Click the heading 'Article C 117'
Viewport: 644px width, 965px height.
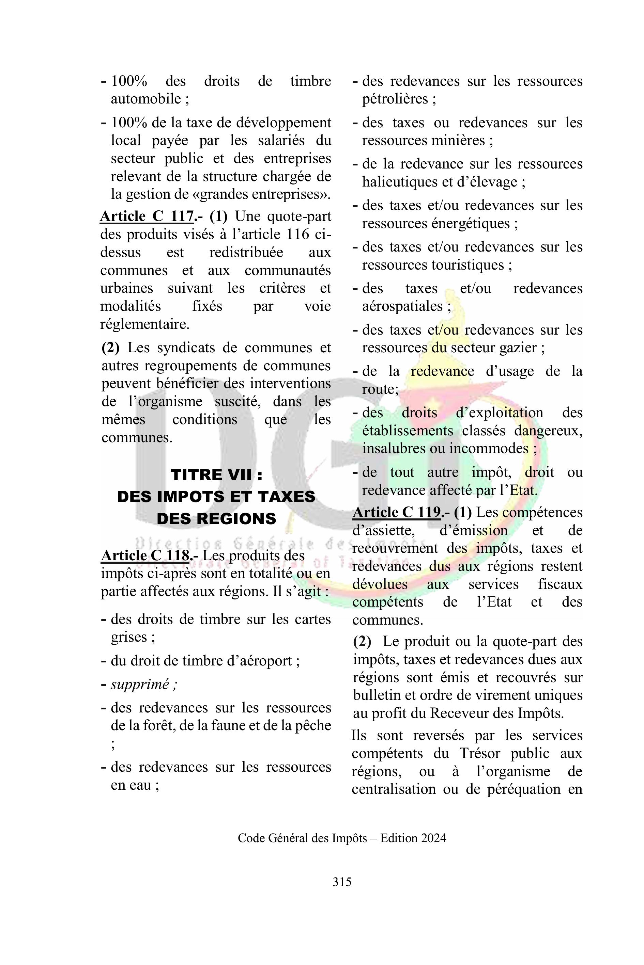147,216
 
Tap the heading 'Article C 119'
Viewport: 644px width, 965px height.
396,512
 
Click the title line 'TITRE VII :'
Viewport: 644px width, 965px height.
216,475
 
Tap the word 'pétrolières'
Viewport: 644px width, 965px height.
395,99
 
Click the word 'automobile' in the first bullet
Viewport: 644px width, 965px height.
146,99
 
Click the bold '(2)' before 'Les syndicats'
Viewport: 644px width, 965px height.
110,348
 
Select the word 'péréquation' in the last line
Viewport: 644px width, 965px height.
524,789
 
